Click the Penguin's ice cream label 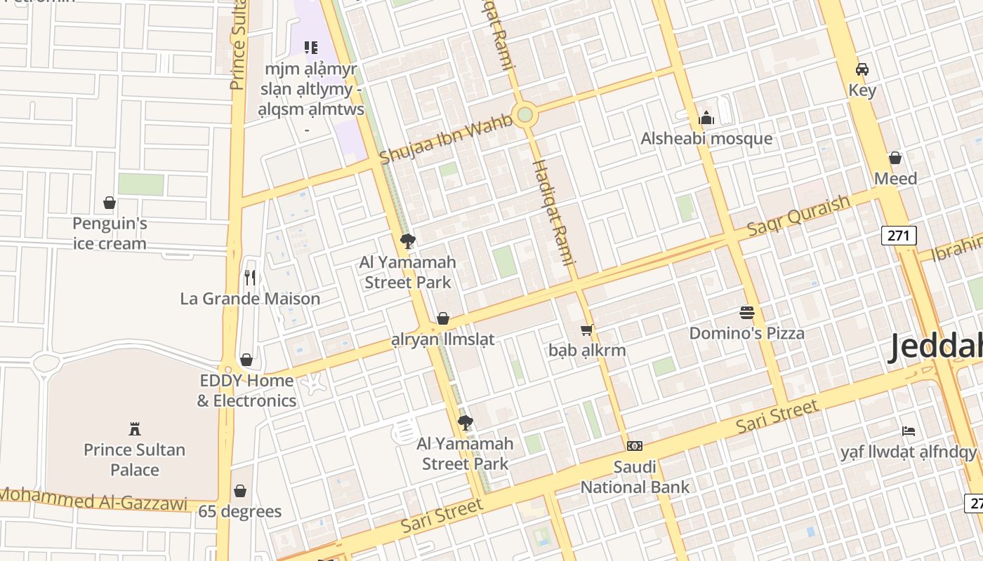coord(110,234)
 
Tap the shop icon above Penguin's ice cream coord(110,203)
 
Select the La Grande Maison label coord(250,299)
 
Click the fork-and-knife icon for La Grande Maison coord(250,278)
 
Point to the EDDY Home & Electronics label coord(246,391)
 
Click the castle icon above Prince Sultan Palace coord(135,428)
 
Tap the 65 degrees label coord(239,511)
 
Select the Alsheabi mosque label coord(706,139)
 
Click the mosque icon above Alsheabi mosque coord(706,118)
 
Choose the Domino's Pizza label coord(746,333)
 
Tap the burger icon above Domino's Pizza coord(746,312)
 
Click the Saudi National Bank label coord(635,477)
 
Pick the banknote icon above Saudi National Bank coord(635,446)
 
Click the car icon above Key coord(862,69)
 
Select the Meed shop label coord(895,179)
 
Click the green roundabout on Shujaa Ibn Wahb coord(524,114)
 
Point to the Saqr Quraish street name coord(798,215)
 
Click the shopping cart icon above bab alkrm coord(587,330)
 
